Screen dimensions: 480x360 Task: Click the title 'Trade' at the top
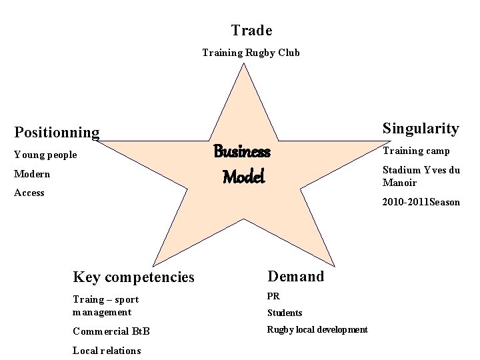pos(251,31)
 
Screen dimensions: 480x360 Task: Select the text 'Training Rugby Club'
pos(251,53)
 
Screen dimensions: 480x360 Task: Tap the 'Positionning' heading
pos(57,133)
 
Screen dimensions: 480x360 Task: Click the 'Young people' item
pos(45,155)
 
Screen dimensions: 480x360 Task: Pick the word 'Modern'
pos(32,174)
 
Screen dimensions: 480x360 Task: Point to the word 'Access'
pos(29,193)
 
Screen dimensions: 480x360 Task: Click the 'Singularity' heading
pos(421,128)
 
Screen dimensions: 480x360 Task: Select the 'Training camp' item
pos(416,151)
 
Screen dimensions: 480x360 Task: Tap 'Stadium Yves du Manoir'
pos(421,176)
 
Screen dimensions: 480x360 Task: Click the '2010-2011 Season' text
pos(421,202)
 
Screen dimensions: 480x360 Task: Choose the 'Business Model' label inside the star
pos(242,164)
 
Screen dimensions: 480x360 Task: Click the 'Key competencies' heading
pos(133,277)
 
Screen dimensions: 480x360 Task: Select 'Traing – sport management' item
pos(105,305)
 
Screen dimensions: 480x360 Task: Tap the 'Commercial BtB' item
pos(111,331)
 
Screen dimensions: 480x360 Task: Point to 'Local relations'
pos(107,350)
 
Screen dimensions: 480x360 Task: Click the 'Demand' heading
pos(295,276)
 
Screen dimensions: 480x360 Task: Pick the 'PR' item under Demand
pos(273,296)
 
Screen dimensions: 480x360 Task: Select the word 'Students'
pos(285,313)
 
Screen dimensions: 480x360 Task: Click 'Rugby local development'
pos(317,329)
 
